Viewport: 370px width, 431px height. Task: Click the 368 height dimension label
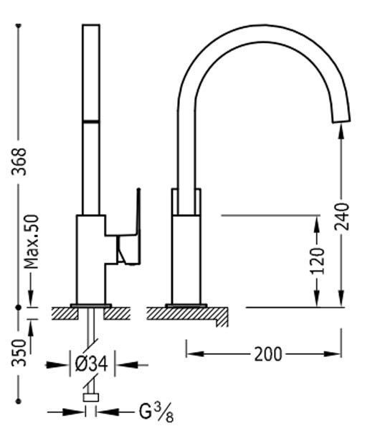click(19, 162)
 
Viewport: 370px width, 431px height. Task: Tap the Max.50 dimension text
click(31, 241)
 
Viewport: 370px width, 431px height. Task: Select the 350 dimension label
click(19, 353)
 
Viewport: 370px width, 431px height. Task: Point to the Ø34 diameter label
click(91, 365)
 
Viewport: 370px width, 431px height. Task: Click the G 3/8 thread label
click(156, 412)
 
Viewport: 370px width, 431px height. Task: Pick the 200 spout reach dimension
click(268, 354)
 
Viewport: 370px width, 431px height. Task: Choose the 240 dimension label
click(341, 216)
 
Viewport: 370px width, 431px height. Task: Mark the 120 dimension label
click(317, 261)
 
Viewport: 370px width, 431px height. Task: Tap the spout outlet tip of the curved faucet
click(341, 119)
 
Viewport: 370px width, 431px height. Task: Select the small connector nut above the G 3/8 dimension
click(91, 397)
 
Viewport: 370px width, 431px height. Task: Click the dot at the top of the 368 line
click(19, 26)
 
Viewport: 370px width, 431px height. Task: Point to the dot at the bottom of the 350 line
click(19, 402)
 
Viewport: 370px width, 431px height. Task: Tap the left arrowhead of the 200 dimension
click(195, 353)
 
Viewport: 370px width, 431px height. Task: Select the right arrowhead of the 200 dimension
click(333, 353)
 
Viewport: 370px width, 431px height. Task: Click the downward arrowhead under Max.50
click(31, 297)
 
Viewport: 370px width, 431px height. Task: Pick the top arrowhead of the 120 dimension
click(317, 223)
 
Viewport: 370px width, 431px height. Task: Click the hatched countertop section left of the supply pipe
click(65, 314)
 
